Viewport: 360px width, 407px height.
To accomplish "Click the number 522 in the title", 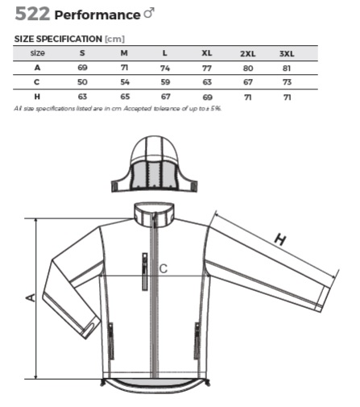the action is pos(32,14).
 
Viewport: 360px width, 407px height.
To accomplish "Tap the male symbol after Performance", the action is pos(149,13).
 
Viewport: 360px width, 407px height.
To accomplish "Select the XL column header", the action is pos(207,53).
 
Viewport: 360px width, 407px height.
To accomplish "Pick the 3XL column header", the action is pos(287,54).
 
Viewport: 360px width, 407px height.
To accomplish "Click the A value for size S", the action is pos(82,68).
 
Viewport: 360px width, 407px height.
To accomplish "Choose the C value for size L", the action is pos(165,82).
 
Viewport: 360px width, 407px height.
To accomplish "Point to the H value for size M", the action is pos(125,97).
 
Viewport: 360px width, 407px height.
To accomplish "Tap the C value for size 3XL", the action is pos(287,82).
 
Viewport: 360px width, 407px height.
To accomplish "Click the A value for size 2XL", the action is pos(248,69).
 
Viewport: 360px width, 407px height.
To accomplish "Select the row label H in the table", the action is pos(37,97).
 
